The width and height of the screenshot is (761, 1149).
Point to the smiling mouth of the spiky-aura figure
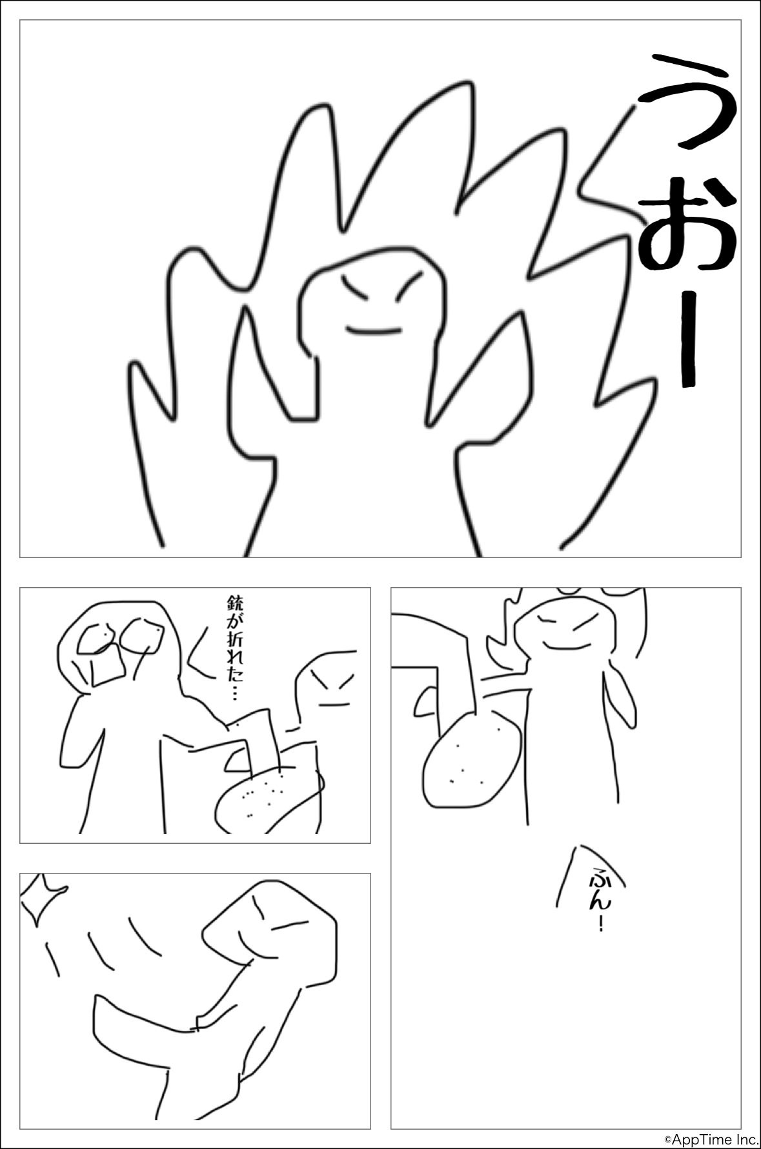(x=374, y=331)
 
